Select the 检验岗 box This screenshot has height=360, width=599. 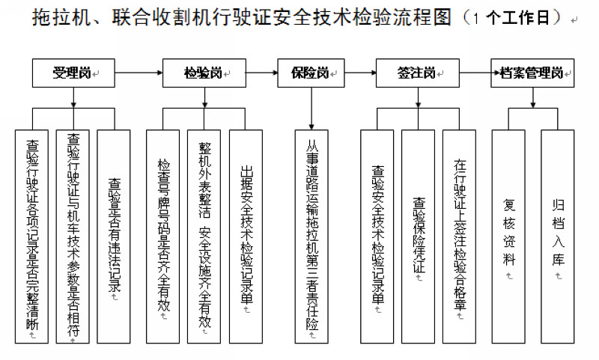pos(203,73)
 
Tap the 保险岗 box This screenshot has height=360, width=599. pos(310,73)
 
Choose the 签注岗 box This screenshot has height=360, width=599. pos(416,73)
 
